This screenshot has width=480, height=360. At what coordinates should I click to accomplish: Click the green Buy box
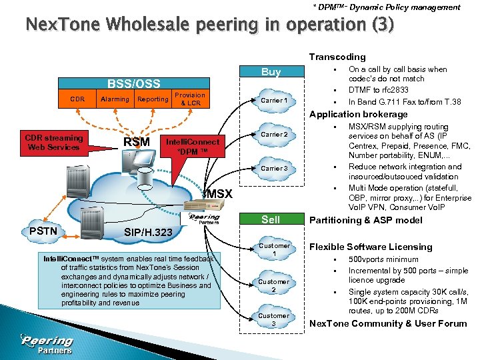coord(271,72)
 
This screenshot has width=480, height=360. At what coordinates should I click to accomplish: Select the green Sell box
coord(271,219)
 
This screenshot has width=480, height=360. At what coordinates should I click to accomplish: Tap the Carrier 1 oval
coord(274,101)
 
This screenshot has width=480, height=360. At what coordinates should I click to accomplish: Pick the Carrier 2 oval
coord(274,135)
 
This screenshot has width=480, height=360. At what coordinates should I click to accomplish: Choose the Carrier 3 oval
coord(274,168)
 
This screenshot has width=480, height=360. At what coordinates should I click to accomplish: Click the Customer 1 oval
coord(274,249)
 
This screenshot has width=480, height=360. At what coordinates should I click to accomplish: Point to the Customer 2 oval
coord(274,285)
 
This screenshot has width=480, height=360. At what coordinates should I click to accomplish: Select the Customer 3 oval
coord(274,319)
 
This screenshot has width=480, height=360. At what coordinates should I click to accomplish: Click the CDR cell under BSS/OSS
coord(78,99)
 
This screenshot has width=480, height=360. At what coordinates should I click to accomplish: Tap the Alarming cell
coord(115,99)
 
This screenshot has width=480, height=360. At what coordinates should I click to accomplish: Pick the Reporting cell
coord(153,99)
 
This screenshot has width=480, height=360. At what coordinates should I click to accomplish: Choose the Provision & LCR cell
coord(190,99)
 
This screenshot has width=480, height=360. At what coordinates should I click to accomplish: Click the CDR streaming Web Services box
coord(55,143)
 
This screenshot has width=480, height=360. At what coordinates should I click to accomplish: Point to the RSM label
coord(137,142)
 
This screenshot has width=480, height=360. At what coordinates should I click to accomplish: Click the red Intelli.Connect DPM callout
coord(192,147)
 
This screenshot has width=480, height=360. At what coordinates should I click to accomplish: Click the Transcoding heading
coord(337,57)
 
